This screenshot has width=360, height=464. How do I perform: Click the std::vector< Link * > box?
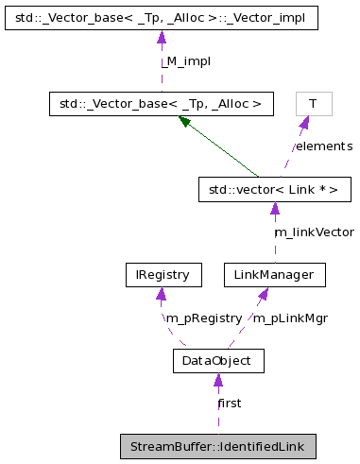pos(274,190)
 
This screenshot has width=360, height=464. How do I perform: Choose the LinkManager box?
pos(274,275)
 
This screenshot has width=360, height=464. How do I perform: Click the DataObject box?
pos(217,360)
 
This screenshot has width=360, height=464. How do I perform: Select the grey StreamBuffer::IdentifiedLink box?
pos(217,445)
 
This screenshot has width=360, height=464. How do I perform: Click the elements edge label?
pos(322,146)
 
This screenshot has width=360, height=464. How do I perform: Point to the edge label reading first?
pos(230,403)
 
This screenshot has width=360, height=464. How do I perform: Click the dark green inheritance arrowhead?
pos(184,122)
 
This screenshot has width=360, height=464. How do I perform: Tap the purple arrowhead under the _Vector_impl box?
pos(161,37)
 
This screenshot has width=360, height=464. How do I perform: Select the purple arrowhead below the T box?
pos(304,122)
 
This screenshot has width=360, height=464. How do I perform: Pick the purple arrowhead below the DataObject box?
pos(217,380)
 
